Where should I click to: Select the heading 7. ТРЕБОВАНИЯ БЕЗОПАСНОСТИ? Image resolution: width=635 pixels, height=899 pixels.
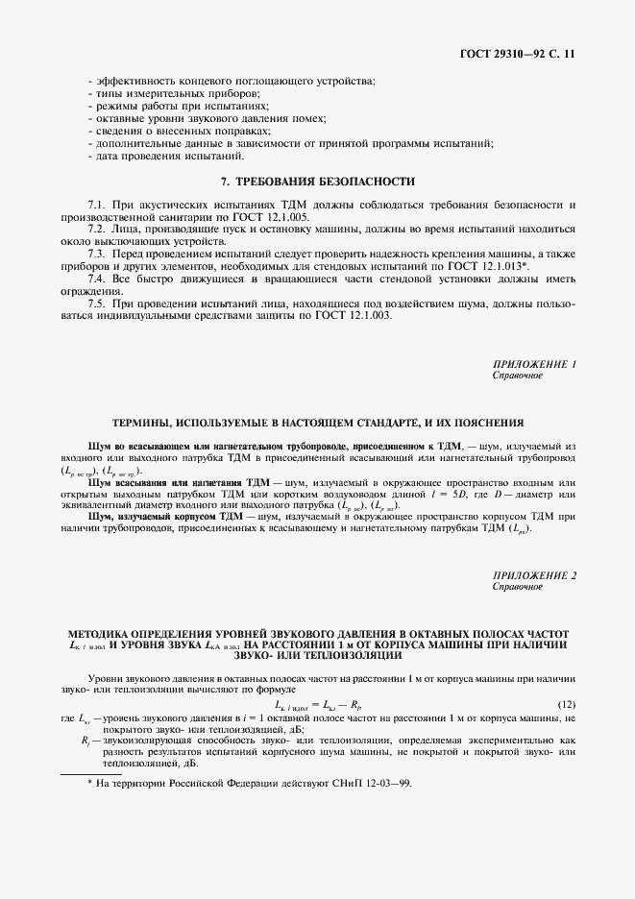[x=317, y=181]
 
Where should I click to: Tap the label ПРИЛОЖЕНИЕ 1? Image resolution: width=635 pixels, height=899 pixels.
[x=533, y=364]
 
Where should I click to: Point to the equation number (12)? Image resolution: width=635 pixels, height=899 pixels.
[x=567, y=705]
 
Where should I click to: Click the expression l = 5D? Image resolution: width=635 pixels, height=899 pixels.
[x=465, y=494]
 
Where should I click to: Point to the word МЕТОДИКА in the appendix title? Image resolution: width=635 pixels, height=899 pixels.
[x=101, y=634]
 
